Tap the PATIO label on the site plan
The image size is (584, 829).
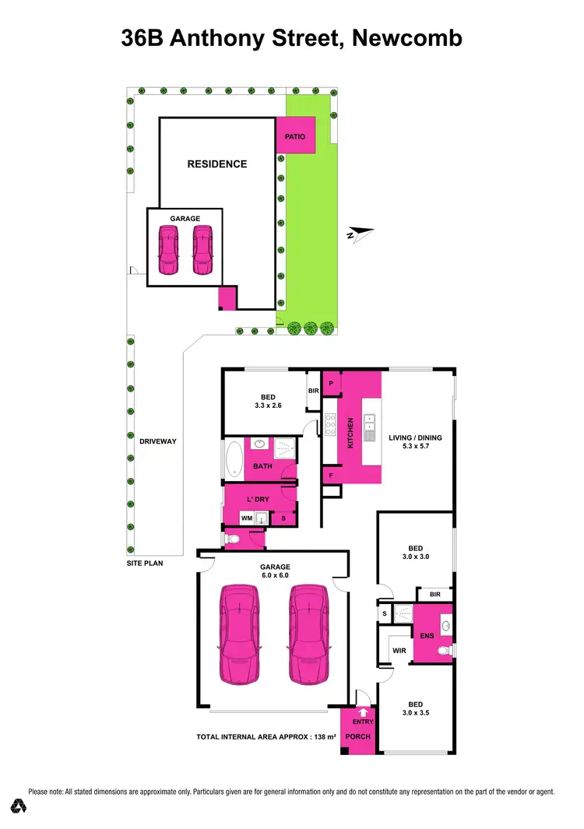pyautogui.click(x=295, y=137)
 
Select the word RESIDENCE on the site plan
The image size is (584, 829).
pyautogui.click(x=217, y=164)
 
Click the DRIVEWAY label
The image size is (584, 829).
pyautogui.click(x=158, y=441)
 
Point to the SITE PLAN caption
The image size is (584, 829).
pyautogui.click(x=145, y=562)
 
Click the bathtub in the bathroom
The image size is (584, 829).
pyautogui.click(x=234, y=459)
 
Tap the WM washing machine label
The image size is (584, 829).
pyautogui.click(x=246, y=517)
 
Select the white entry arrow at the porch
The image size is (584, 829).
pyautogui.click(x=363, y=710)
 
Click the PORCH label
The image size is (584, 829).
pyautogui.click(x=358, y=736)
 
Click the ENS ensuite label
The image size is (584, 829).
pyautogui.click(x=427, y=635)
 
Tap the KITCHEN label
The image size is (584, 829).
pyautogui.click(x=350, y=431)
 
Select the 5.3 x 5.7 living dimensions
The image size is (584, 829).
pyautogui.click(x=415, y=448)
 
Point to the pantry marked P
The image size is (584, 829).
pyautogui.click(x=331, y=383)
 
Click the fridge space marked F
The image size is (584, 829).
pyautogui.click(x=331, y=474)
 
